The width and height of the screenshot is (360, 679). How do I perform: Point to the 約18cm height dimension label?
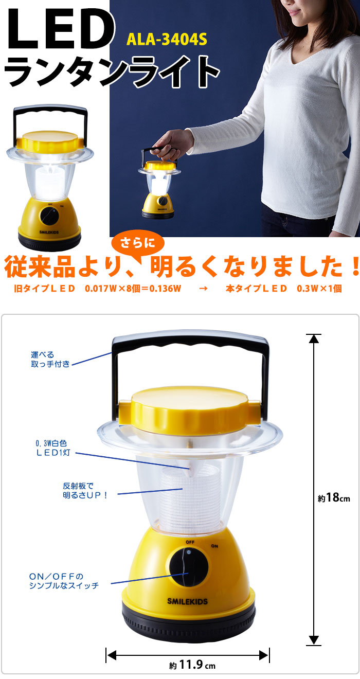pyautogui.click(x=333, y=498)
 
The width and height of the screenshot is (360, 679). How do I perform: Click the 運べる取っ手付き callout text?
pyautogui.click(x=49, y=359)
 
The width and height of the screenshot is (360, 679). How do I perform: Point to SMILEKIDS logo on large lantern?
pyautogui.click(x=188, y=601)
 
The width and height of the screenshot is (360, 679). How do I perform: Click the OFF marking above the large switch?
pyautogui.click(x=191, y=542)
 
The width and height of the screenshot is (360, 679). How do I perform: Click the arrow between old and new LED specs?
pyautogui.click(x=203, y=289)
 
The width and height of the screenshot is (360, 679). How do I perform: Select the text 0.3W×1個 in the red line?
pyautogui.click(x=319, y=289)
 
